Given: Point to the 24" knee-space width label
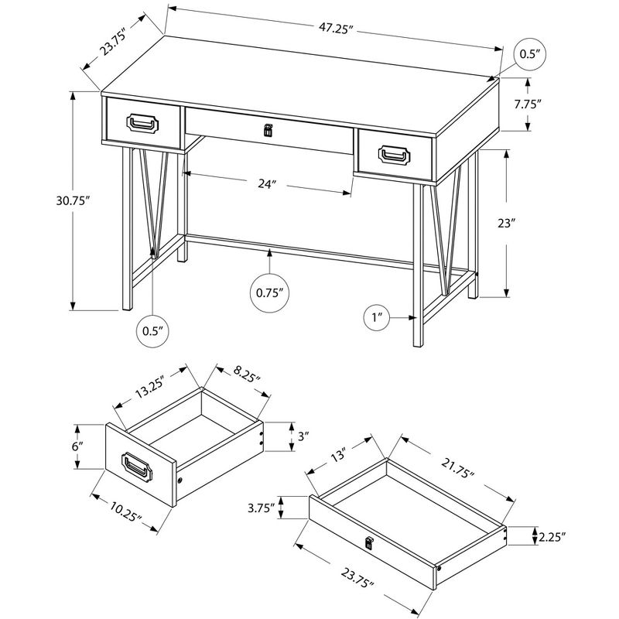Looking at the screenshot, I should pyautogui.click(x=267, y=184).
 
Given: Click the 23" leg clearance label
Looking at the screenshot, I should pyautogui.click(x=505, y=224).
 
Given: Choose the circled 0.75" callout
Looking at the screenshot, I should pyautogui.click(x=268, y=292).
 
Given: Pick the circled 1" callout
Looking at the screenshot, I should pyautogui.click(x=377, y=317).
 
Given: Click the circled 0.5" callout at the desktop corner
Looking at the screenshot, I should pyautogui.click(x=529, y=54).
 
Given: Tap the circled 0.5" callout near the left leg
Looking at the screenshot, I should pyautogui.click(x=151, y=330).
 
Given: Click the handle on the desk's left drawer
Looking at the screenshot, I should pyautogui.click(x=143, y=125).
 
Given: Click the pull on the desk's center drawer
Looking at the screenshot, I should pyautogui.click(x=268, y=132).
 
